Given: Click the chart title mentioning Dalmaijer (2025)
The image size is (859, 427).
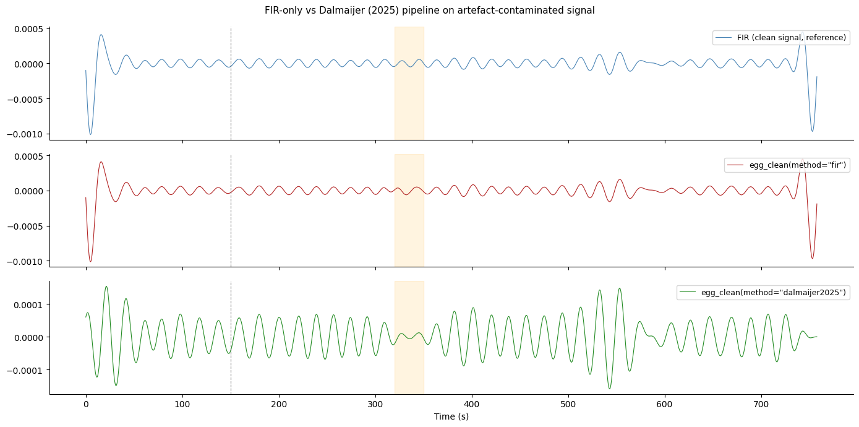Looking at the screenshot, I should tap(429, 11).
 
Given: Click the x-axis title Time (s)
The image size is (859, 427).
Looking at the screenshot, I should tap(451, 416).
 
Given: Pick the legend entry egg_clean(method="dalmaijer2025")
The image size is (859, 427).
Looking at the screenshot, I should tap(767, 293).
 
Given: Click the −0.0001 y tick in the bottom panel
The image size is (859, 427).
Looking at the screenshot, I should tap(28, 370).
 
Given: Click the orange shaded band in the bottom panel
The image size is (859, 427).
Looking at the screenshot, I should tap(409, 337).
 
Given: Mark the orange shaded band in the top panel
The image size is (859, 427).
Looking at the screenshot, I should tap(409, 84).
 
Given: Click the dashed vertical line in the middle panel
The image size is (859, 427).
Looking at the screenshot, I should tap(231, 210).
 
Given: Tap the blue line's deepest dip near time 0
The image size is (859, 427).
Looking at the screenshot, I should tap(90, 134).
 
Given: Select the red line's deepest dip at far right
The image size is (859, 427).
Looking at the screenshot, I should tap(812, 259).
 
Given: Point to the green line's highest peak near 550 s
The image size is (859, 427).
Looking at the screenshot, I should tap(619, 288).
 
